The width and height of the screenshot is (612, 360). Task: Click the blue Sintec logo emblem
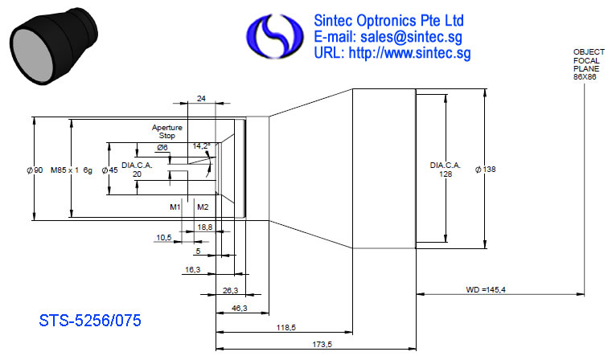point(274,36)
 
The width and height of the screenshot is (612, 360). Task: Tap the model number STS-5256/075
point(90,321)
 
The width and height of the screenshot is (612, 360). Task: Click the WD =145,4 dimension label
point(486,290)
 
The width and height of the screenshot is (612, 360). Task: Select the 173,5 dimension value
point(322,345)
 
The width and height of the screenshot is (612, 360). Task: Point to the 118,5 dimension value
point(286,328)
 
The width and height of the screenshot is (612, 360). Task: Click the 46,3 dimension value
point(240,309)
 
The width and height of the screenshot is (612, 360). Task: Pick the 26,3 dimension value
point(230,291)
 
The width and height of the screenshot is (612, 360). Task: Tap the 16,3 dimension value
point(193,269)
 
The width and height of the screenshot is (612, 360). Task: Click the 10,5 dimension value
point(164,238)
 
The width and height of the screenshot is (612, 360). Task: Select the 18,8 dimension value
point(205,227)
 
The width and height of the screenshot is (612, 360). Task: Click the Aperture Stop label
point(167,132)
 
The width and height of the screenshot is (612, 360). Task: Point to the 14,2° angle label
point(201,146)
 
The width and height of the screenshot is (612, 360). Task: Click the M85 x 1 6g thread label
point(72,170)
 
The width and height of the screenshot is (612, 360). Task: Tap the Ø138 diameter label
point(485,170)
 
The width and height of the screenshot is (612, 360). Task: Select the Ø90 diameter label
point(35,170)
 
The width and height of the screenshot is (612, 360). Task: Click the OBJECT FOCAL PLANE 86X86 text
point(589,64)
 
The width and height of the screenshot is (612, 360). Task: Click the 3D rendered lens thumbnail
point(53,46)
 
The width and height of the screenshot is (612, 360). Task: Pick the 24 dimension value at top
point(201,99)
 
